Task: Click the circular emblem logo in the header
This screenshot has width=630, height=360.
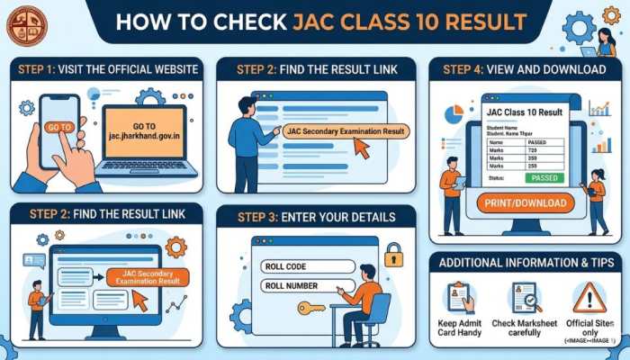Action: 24,24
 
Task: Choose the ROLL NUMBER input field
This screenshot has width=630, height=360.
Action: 297,287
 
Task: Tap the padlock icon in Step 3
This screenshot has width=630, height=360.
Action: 393,256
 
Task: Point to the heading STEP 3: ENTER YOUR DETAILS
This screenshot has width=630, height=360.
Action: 315,217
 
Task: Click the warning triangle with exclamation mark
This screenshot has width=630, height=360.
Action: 589,296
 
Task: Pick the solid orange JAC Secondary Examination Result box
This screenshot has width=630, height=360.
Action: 147,277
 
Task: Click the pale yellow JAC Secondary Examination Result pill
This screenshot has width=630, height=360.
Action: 346,131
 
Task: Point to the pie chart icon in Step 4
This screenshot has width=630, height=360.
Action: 454,115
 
